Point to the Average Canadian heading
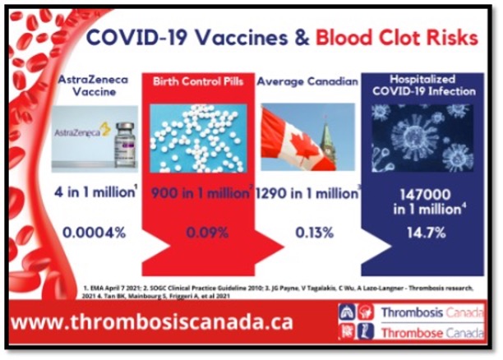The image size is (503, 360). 307,81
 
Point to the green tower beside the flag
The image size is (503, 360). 325,140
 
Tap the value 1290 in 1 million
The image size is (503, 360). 306,195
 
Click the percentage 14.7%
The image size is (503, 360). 420,232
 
